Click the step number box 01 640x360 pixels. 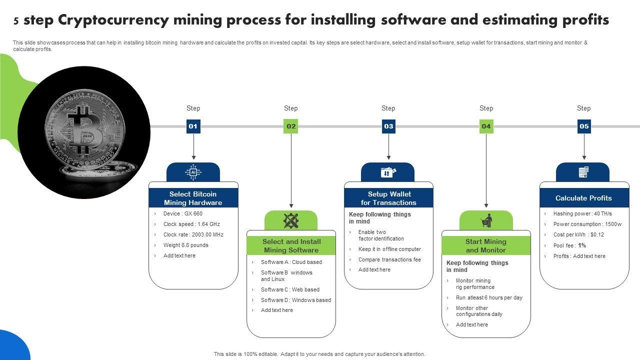coord(193,126)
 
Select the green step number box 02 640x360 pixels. coord(291,126)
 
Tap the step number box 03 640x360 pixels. coord(388,126)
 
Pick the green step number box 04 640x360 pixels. coord(486,126)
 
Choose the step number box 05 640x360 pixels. coord(584,126)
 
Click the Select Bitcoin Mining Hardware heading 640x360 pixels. coord(193,198)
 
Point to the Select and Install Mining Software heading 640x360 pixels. coord(291,245)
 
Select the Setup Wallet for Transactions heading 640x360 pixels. coord(388,198)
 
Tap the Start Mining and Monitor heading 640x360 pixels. coord(486,245)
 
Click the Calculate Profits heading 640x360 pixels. coord(583,198)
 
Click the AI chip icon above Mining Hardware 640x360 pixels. coord(193,172)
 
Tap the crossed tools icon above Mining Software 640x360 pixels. coord(291,220)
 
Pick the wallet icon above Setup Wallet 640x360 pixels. coord(388,172)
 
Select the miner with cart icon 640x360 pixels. coord(486,220)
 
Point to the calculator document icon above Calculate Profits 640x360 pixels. coord(583,172)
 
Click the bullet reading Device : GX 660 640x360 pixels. coord(182,213)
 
